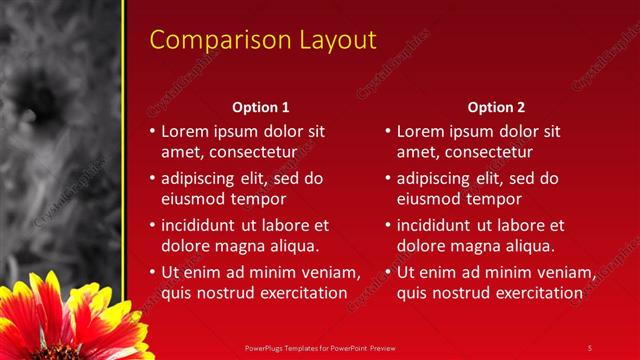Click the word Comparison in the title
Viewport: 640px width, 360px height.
point(210,40)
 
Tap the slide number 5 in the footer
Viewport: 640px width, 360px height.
point(590,347)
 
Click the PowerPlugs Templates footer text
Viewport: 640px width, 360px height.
point(320,347)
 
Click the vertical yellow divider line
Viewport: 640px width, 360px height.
point(123,150)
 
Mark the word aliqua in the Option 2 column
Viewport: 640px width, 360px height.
point(529,245)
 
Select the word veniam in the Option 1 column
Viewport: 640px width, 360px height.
point(328,272)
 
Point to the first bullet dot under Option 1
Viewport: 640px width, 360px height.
point(152,132)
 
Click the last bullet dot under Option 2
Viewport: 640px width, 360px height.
point(388,272)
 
